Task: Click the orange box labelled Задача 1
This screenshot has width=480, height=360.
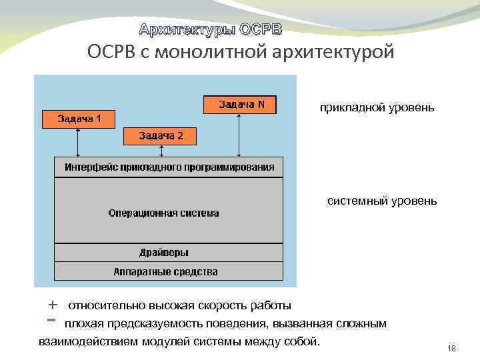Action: click(79, 119)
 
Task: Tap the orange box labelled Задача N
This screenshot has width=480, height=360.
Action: click(241, 105)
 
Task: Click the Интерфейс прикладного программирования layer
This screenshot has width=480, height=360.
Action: click(169, 167)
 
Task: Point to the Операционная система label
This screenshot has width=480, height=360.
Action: click(163, 213)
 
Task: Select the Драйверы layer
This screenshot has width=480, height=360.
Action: click(164, 253)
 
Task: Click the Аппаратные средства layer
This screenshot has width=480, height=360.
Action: click(166, 271)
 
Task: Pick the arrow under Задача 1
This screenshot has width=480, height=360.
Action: click(79, 142)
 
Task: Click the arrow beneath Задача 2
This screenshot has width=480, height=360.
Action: click(160, 151)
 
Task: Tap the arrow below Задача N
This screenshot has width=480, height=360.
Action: click(237, 135)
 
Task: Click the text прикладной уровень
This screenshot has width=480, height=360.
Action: click(377, 107)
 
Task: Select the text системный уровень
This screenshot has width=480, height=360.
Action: click(382, 200)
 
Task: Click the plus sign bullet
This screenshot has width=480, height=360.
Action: click(53, 305)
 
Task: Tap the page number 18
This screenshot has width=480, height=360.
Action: click(451, 349)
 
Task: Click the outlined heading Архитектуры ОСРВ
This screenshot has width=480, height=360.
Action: click(210, 29)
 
